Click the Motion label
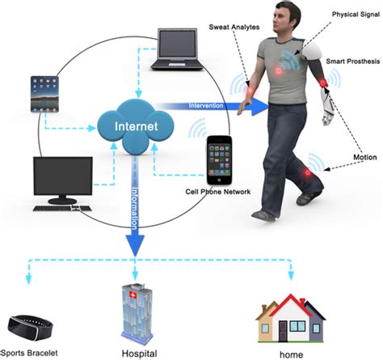click(x=364, y=156)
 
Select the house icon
click(x=287, y=320)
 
